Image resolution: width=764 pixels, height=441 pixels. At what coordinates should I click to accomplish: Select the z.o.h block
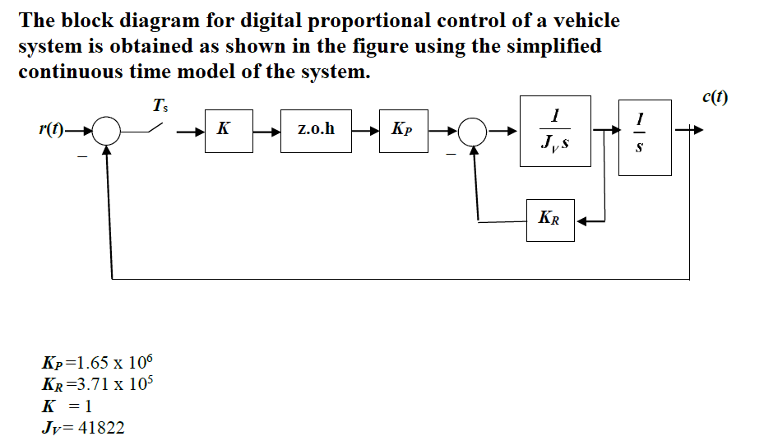[x=316, y=130]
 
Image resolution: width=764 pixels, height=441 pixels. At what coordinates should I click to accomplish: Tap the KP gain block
[x=404, y=130]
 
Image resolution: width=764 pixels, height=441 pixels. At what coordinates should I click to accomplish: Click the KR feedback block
[x=550, y=219]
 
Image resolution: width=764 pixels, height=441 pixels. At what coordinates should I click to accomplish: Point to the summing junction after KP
[x=473, y=131]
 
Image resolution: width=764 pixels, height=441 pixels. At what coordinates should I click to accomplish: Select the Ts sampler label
[x=159, y=105]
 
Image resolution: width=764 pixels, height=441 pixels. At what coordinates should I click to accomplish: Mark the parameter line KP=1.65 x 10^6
[x=97, y=363]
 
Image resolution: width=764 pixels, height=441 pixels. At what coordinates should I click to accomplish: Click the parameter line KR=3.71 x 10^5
[x=97, y=383]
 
